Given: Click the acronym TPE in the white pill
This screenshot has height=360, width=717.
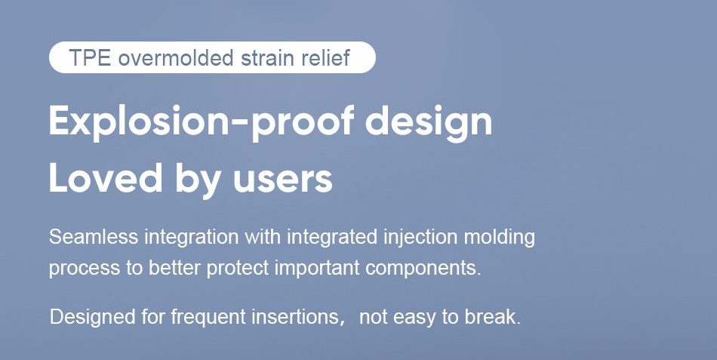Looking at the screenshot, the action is tap(90, 58).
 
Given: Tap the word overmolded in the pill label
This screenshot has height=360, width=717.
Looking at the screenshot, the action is tap(176, 58).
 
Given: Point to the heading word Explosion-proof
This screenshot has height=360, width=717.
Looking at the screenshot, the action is tap(202, 122).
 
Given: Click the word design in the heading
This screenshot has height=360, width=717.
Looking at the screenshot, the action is tap(429, 122).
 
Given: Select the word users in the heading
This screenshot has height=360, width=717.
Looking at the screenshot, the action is tap(282, 180).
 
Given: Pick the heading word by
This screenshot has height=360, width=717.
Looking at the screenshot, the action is tap(198, 179).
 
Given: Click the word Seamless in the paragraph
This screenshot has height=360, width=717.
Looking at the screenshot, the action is tap(94, 237).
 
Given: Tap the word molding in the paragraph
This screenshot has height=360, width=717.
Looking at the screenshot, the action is tap(500, 238).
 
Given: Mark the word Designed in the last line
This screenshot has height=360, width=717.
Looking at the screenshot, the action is tap(92, 316).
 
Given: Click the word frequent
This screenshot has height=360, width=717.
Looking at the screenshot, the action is tap(208, 316).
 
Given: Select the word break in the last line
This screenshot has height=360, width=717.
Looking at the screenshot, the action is tap(493, 316).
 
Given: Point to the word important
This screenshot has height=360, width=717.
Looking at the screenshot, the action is tap(316, 269).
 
